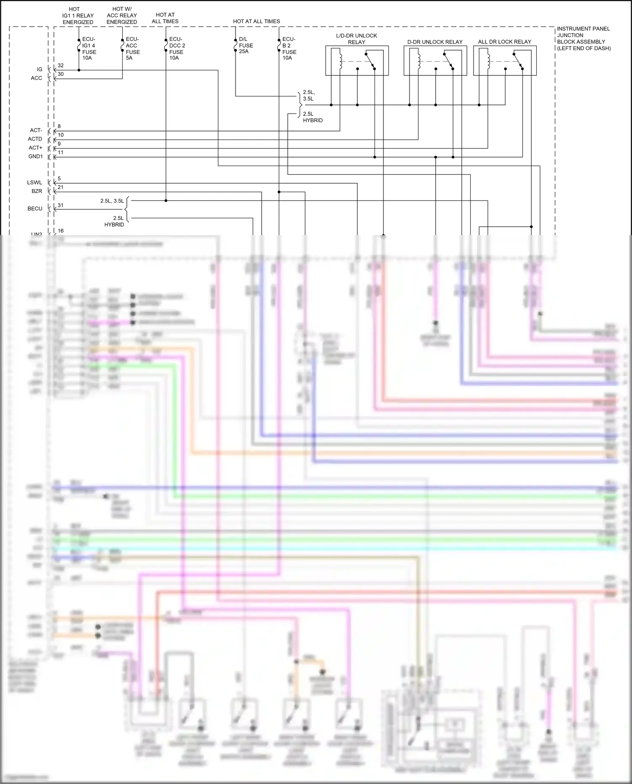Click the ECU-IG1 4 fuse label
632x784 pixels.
point(89,48)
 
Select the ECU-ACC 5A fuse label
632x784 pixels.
point(132,48)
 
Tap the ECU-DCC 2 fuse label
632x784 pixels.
point(177,48)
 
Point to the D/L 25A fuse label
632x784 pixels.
point(246,45)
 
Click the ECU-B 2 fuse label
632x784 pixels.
point(289,48)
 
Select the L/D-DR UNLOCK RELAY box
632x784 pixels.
point(357,61)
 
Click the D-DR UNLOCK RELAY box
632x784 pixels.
point(435,61)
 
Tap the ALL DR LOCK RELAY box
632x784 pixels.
point(505,61)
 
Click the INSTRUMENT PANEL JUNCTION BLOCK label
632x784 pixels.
point(584,38)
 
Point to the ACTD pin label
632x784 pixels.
point(35,139)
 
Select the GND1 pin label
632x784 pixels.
point(35,157)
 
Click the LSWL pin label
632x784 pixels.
point(35,182)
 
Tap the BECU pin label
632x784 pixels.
point(35,209)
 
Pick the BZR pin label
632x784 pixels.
point(37,191)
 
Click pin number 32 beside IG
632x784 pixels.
point(61,66)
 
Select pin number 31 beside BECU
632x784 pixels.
point(61,205)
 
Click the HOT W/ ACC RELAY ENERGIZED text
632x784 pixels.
point(122,16)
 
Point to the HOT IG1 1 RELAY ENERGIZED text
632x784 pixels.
point(78,16)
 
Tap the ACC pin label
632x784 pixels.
point(36,78)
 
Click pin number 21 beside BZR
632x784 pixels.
point(61,187)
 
